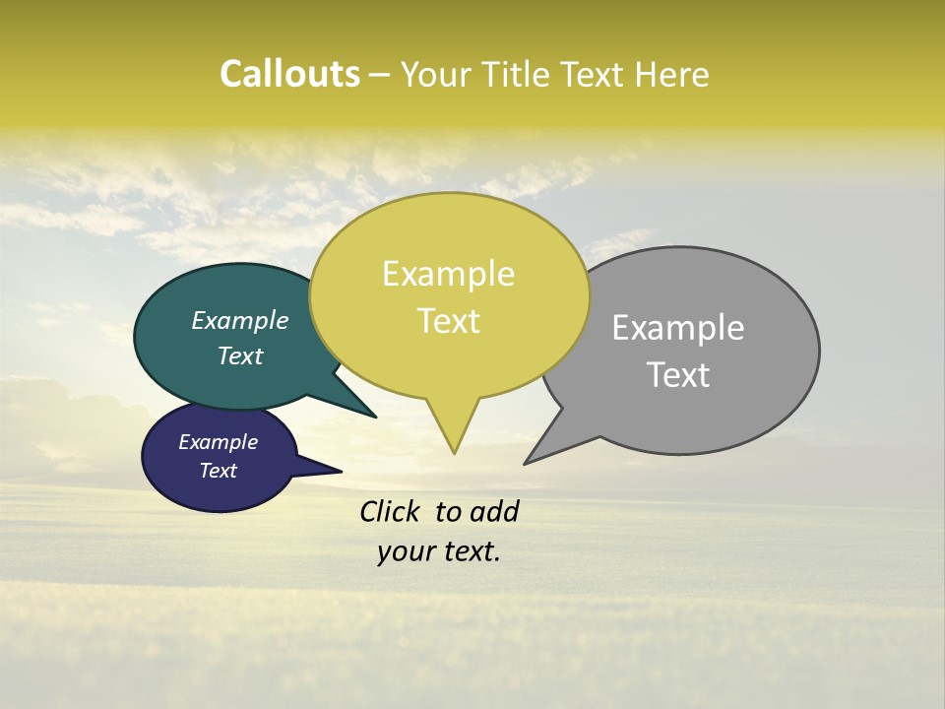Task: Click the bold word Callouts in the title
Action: point(289,74)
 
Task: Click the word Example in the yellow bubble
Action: point(448,274)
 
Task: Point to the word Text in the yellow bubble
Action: point(448,321)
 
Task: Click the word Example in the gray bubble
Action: point(678,327)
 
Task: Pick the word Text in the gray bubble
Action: point(678,374)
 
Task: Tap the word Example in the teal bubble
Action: point(240,320)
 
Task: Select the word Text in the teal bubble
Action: point(240,355)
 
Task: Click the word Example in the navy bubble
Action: point(218,442)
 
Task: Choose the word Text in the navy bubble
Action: point(218,471)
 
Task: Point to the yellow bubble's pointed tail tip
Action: point(454,453)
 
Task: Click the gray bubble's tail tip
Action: point(525,464)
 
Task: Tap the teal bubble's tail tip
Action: point(376,418)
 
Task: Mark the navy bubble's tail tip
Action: point(342,471)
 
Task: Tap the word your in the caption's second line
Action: point(404,551)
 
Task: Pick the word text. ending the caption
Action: point(470,551)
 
